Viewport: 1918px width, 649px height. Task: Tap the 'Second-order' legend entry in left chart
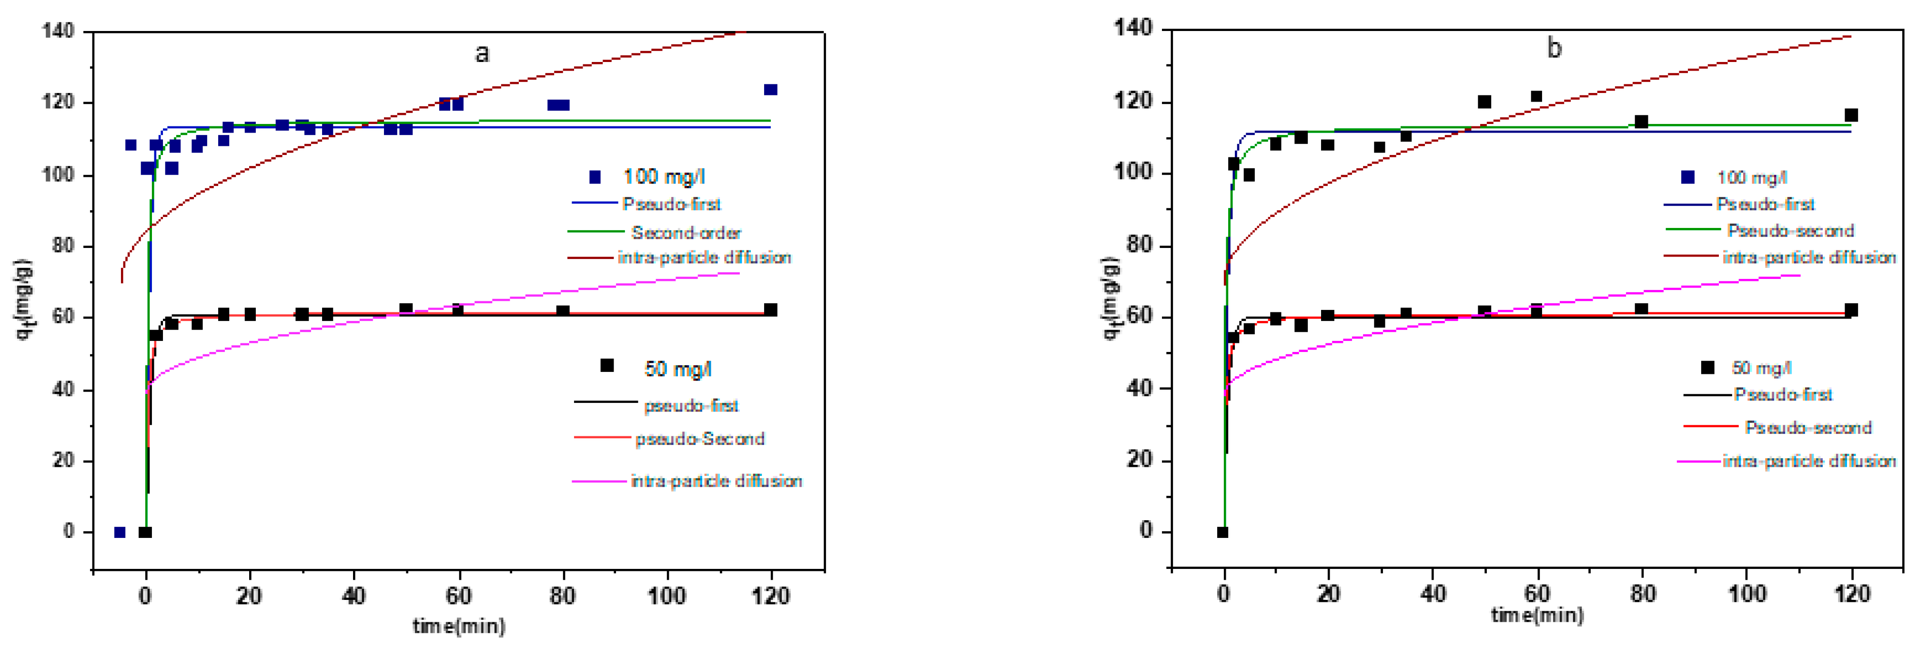[x=686, y=233]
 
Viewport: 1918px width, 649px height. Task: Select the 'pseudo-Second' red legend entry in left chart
[x=699, y=439]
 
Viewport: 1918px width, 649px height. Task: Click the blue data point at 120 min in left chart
[x=771, y=90]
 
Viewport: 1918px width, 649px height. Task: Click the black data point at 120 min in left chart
[x=771, y=310]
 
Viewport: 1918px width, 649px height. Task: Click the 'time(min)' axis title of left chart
[x=459, y=626]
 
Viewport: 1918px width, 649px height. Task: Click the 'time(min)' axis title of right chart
[x=1537, y=616]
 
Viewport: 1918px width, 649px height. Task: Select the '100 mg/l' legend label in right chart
[x=1751, y=177]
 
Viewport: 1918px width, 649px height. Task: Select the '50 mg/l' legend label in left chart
[x=677, y=369]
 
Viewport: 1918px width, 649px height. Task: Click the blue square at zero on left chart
[x=119, y=532]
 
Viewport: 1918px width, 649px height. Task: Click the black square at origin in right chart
[x=1222, y=532]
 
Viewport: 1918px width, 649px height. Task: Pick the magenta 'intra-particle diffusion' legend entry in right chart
[x=1808, y=461]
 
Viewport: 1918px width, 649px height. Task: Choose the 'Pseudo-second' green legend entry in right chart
[x=1790, y=230]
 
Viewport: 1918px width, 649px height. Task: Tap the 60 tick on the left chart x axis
[x=459, y=596]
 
